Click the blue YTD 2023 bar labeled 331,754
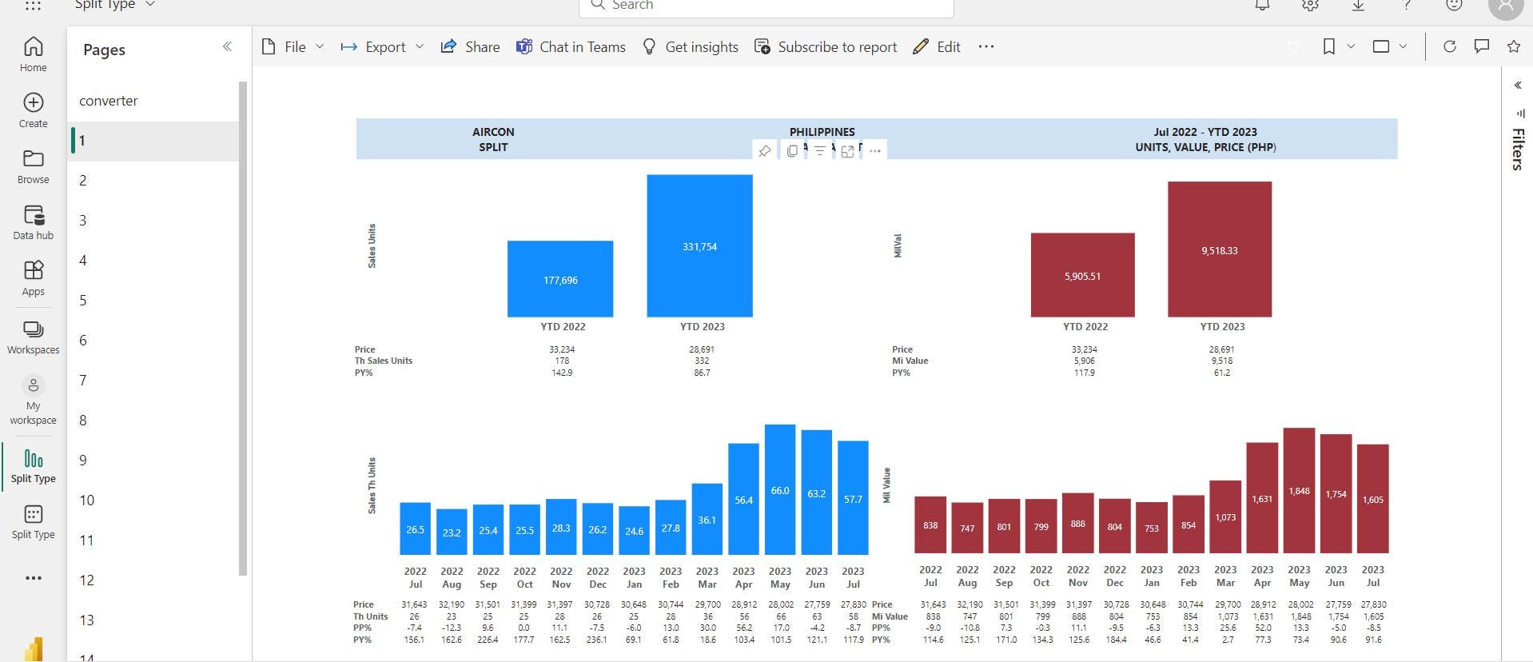[x=699, y=245]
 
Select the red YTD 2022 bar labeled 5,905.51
[x=1082, y=275]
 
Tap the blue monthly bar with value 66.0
[x=779, y=489]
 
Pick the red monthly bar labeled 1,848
[x=1299, y=490]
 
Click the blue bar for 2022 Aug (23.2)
[x=452, y=532]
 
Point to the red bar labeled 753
[x=1151, y=528]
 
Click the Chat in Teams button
[x=571, y=46]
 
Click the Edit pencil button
[x=937, y=46]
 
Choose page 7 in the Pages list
[x=83, y=381]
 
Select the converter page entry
[x=109, y=101]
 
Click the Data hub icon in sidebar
[x=34, y=221]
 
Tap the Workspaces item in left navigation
[x=34, y=337]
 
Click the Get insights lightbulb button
[x=691, y=46]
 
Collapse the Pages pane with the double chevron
[x=227, y=46]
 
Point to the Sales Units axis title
[x=372, y=245]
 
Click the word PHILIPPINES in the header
[x=822, y=132]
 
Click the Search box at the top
[x=766, y=6]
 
